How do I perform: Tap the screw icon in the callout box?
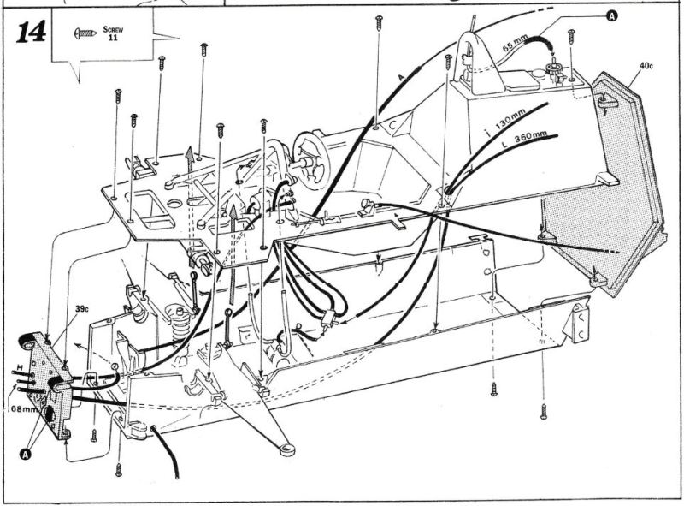point(86,33)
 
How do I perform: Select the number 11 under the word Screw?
point(114,38)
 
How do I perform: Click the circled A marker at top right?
point(612,15)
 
